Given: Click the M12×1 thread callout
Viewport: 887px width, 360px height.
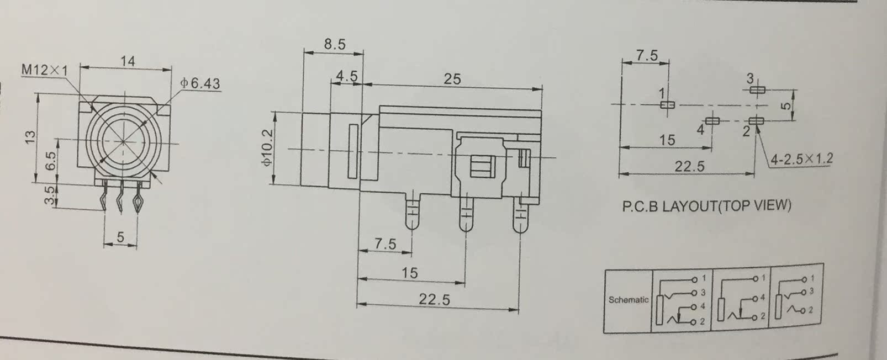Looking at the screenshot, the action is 44,70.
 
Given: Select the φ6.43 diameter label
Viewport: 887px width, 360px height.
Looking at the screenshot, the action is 200,83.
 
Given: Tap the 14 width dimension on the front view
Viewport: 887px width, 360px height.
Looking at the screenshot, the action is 128,61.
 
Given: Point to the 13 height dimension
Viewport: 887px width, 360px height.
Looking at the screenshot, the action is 30,136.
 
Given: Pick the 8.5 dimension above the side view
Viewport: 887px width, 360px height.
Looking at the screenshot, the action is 335,44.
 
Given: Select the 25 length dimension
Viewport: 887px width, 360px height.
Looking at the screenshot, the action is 452,79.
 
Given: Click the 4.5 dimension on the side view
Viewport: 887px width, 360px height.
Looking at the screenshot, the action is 346,76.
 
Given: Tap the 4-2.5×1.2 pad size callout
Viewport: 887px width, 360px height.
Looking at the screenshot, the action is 801,159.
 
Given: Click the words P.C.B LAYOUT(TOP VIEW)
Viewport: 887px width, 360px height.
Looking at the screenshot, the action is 706,207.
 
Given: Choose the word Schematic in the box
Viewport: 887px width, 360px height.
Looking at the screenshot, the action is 628,300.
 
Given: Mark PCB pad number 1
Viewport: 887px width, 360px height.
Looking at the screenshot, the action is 668,105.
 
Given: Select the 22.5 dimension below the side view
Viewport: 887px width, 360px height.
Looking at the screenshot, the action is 434,299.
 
